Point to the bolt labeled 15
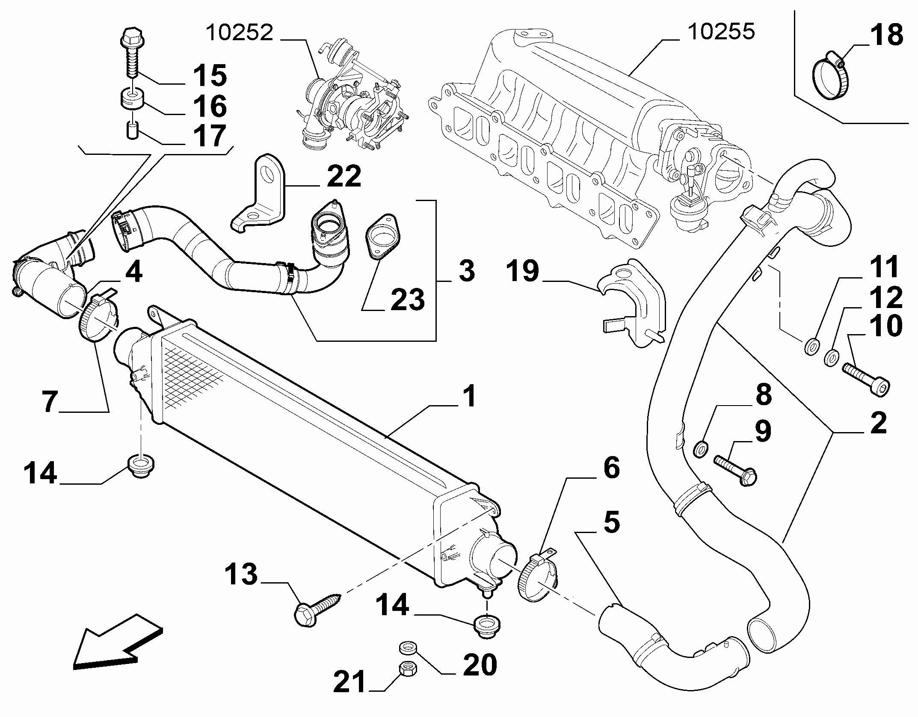coord(132,53)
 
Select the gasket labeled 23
coord(382,237)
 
